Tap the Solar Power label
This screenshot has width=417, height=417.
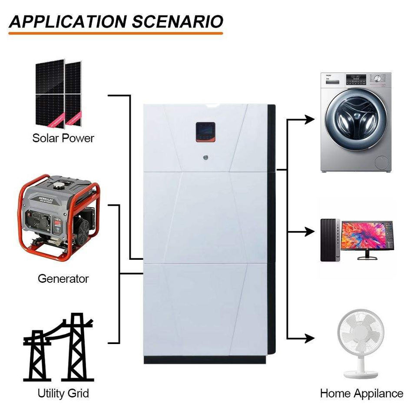pos(63,139)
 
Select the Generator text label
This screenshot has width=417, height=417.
pos(63,278)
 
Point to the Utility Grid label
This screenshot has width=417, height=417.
pos(63,394)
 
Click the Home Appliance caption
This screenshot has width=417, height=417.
pos(361,394)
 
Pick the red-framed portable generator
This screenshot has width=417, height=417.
pos(58,217)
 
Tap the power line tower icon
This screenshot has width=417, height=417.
pos(58,347)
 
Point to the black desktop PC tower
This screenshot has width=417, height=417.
pos(328,240)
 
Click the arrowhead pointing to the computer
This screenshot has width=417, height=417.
pos(309,232)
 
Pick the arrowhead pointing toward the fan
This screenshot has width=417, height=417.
pos(309,338)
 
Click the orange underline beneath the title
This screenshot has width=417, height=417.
pos(116,33)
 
